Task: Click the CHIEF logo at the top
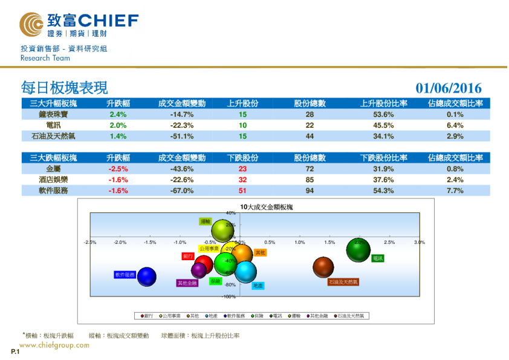click(x=79, y=24)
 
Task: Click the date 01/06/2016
click(x=449, y=88)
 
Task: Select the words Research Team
click(x=45, y=58)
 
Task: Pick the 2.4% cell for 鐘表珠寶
click(x=118, y=114)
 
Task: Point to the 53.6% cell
click(x=384, y=114)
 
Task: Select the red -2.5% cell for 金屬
click(x=118, y=169)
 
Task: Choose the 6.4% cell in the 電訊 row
click(x=455, y=125)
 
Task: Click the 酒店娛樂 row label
click(x=53, y=180)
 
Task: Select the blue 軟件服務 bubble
click(x=146, y=277)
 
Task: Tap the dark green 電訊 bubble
click(x=358, y=249)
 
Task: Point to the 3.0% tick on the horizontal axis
click(x=418, y=243)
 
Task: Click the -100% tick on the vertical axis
click(x=229, y=296)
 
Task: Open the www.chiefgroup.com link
click(x=54, y=345)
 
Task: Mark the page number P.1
click(x=15, y=352)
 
